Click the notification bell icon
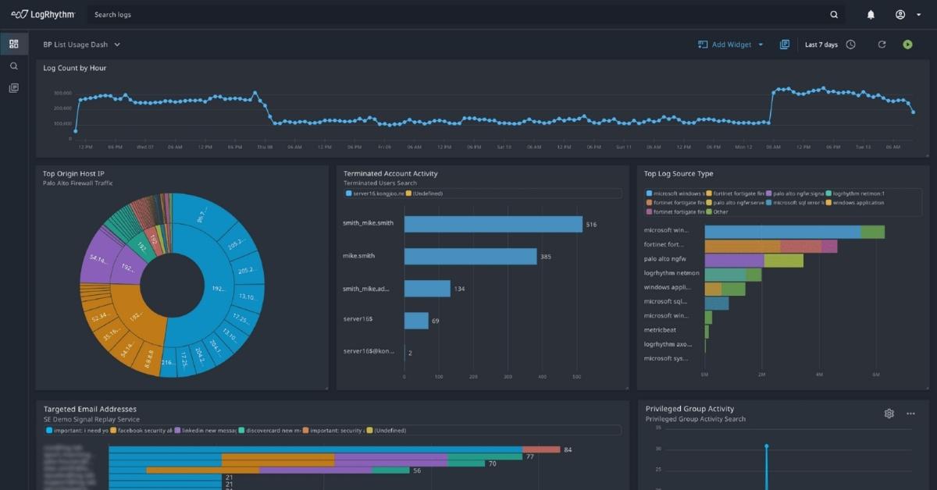[x=871, y=14]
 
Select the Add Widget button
[x=731, y=44]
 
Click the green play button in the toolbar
[x=907, y=44]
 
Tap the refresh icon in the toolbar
[x=882, y=44]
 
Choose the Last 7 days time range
[x=821, y=44]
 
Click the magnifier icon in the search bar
[x=834, y=14]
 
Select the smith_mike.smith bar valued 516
[x=493, y=224]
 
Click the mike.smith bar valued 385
[x=470, y=257]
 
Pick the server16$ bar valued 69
[x=416, y=321]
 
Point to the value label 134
[x=459, y=289]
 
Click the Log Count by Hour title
[x=75, y=68]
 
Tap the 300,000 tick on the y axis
[x=62, y=93]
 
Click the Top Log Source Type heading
[x=678, y=173]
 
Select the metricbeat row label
[x=660, y=330]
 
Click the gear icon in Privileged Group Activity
[x=889, y=414]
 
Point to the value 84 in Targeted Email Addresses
[x=568, y=449]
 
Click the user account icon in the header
[x=900, y=14]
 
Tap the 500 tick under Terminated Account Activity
[x=576, y=377]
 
